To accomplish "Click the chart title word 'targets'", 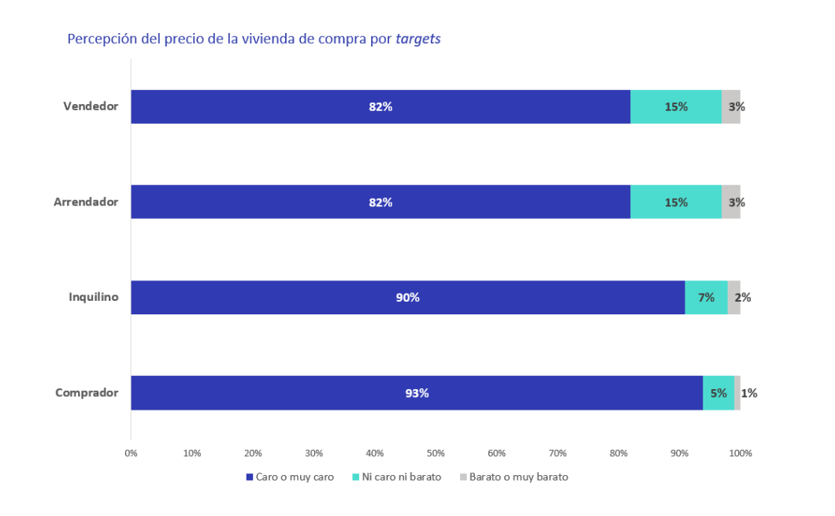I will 418,39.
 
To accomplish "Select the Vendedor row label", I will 91,106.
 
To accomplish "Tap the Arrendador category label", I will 86,202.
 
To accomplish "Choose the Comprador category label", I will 87,392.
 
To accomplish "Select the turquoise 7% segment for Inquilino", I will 706,297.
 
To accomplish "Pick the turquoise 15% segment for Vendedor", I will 676,106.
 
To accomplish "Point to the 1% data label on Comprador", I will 749,392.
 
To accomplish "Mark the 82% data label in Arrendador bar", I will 380,202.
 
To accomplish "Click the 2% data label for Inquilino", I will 743,297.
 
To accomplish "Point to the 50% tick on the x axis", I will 436,453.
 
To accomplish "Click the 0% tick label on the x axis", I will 131,453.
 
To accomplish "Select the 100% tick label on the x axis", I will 740,453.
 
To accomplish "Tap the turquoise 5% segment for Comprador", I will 718,392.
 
